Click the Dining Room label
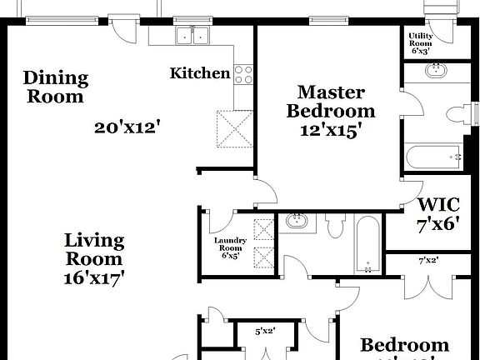tap(55, 87)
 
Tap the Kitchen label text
tap(200, 73)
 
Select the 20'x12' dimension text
tap(127, 127)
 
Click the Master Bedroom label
tap(331, 101)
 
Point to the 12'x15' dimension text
tap(331, 129)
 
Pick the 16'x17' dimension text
tap(94, 278)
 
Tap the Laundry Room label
tap(230, 247)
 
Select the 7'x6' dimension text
tap(438, 224)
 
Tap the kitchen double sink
tap(193, 36)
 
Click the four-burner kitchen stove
tap(243, 75)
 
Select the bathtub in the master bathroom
tap(433, 156)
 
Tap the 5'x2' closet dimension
tap(264, 331)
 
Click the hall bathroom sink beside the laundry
tap(297, 222)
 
